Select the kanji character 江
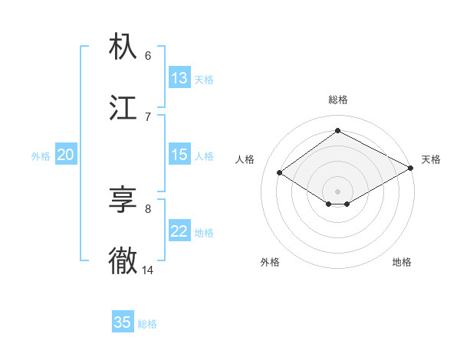123,108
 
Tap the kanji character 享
123,200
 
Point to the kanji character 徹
123,260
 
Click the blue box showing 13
179,78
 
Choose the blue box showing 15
179,155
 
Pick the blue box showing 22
179,231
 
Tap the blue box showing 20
65,155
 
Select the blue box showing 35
123,322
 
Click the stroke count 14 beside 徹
148,270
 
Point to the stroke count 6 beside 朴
148,55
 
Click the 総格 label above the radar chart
337,100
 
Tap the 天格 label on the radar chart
431,159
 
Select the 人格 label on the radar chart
245,159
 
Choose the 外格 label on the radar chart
270,262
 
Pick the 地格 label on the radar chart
402,262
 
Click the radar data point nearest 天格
411,168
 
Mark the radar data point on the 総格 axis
337,130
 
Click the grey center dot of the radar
337,191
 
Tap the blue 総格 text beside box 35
147,323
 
